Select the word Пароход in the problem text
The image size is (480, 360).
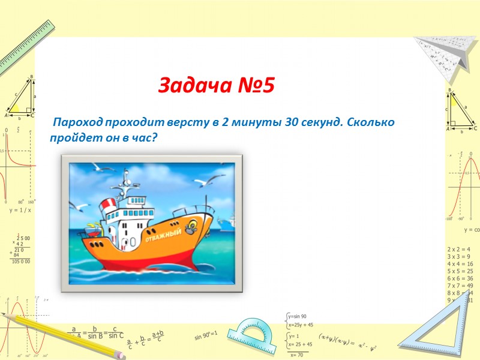pos(79,123)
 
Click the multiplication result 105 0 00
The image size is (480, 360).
pos(20,262)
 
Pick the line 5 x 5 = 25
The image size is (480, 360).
pos(460,271)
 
